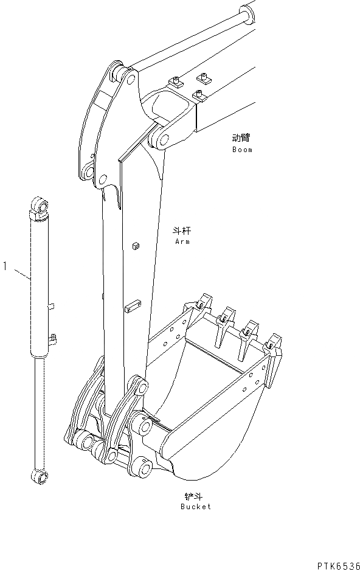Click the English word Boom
tap(242, 150)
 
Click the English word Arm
tap(182, 242)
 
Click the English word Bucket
tap(196, 506)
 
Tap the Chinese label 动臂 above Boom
tap(241, 138)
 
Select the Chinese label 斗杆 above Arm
tap(182, 231)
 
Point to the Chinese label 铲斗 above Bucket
tap(193, 496)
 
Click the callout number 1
tap(5, 266)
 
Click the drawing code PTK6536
tap(339, 566)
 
